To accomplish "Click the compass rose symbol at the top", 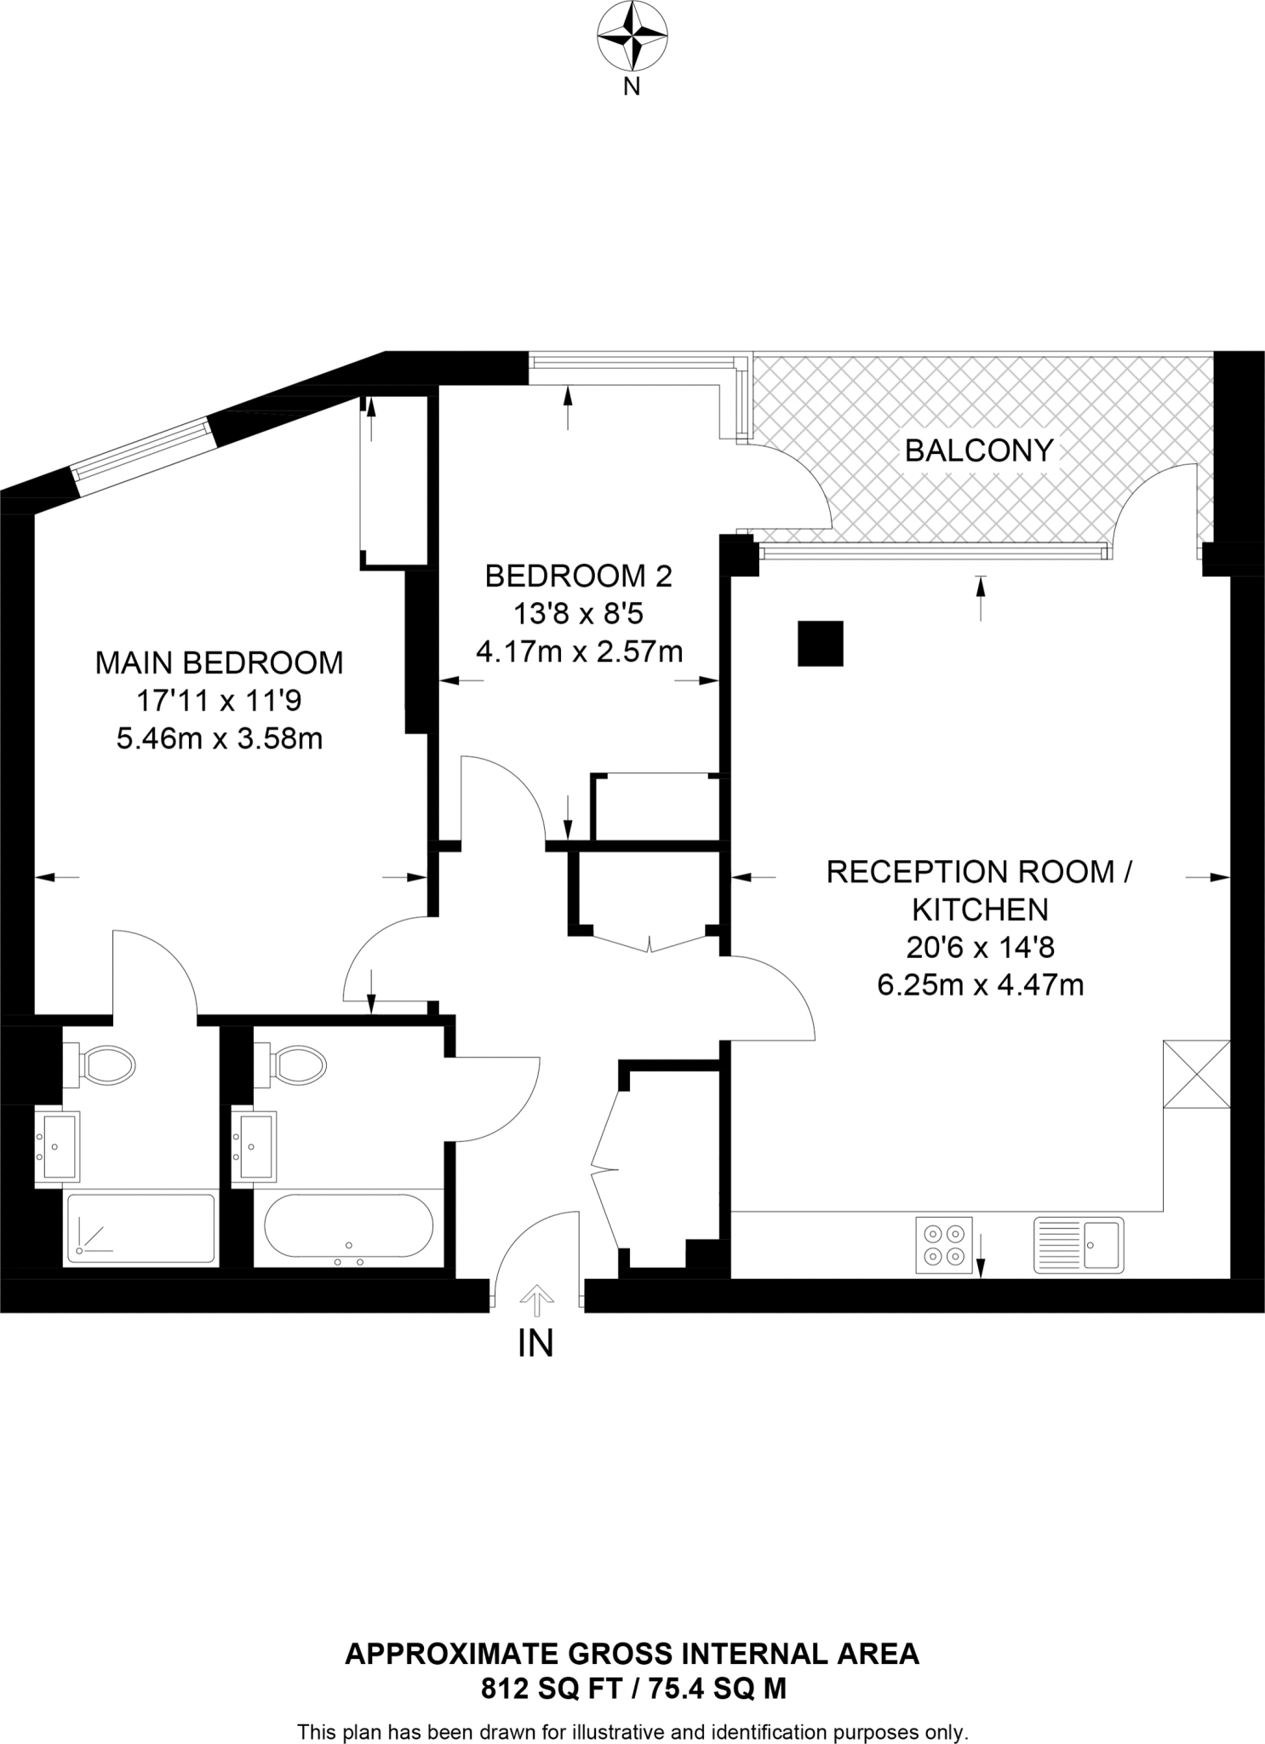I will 632,37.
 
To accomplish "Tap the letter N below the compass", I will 632,86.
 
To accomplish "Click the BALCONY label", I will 979,450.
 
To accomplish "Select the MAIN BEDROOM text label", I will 219,663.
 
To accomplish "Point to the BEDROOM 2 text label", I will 578,577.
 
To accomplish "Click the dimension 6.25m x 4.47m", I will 980,985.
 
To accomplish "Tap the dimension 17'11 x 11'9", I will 219,701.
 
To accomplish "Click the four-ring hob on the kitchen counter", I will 944,1245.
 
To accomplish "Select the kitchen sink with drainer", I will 1079,1245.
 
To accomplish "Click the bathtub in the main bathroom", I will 348,1227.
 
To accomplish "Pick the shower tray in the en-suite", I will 141,1228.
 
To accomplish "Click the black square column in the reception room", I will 820,644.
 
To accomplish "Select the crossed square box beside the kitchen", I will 1197,1074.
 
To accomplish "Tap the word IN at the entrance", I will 535,1343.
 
